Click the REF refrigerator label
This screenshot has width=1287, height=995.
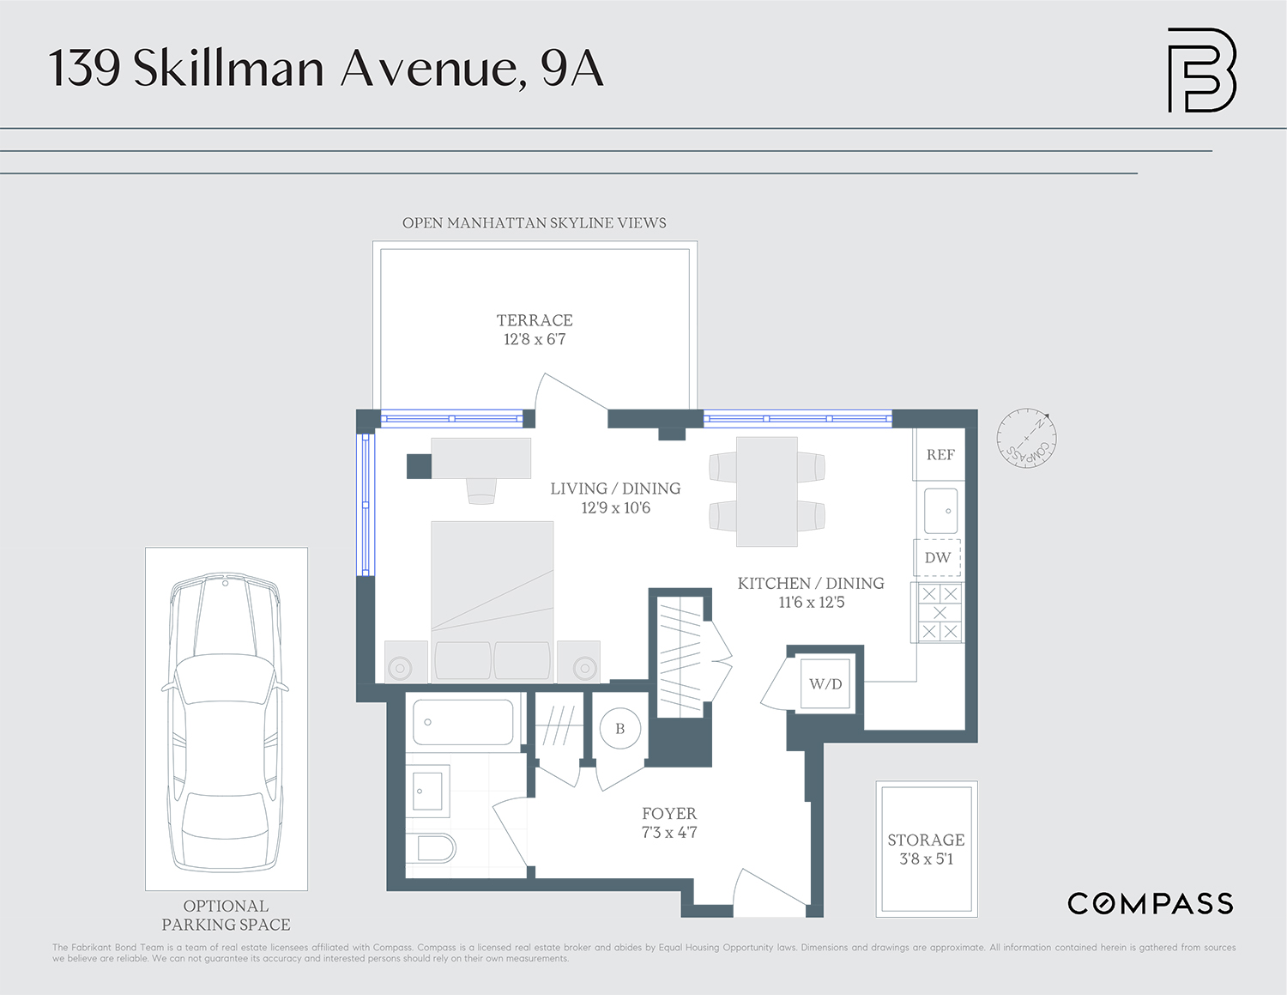click(940, 455)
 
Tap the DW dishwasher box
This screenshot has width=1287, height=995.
click(937, 558)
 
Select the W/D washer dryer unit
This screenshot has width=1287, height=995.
click(825, 684)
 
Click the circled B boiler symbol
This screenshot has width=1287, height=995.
click(619, 729)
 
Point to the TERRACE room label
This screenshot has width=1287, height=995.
click(535, 320)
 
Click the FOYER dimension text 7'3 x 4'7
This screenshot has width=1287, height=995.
click(669, 833)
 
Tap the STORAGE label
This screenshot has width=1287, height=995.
click(926, 840)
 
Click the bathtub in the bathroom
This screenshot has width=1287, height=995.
click(463, 722)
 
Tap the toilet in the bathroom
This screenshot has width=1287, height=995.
click(435, 849)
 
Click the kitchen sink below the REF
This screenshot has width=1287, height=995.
click(940, 511)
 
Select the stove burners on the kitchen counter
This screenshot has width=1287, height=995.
click(940, 613)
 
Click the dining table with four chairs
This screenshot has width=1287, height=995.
click(767, 492)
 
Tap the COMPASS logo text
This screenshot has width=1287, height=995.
click(1150, 904)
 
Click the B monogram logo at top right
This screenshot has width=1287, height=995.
click(1201, 70)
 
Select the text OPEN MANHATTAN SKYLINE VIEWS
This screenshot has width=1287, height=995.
click(534, 223)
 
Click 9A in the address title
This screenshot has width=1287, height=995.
click(572, 69)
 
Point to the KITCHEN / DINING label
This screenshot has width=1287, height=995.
click(811, 584)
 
